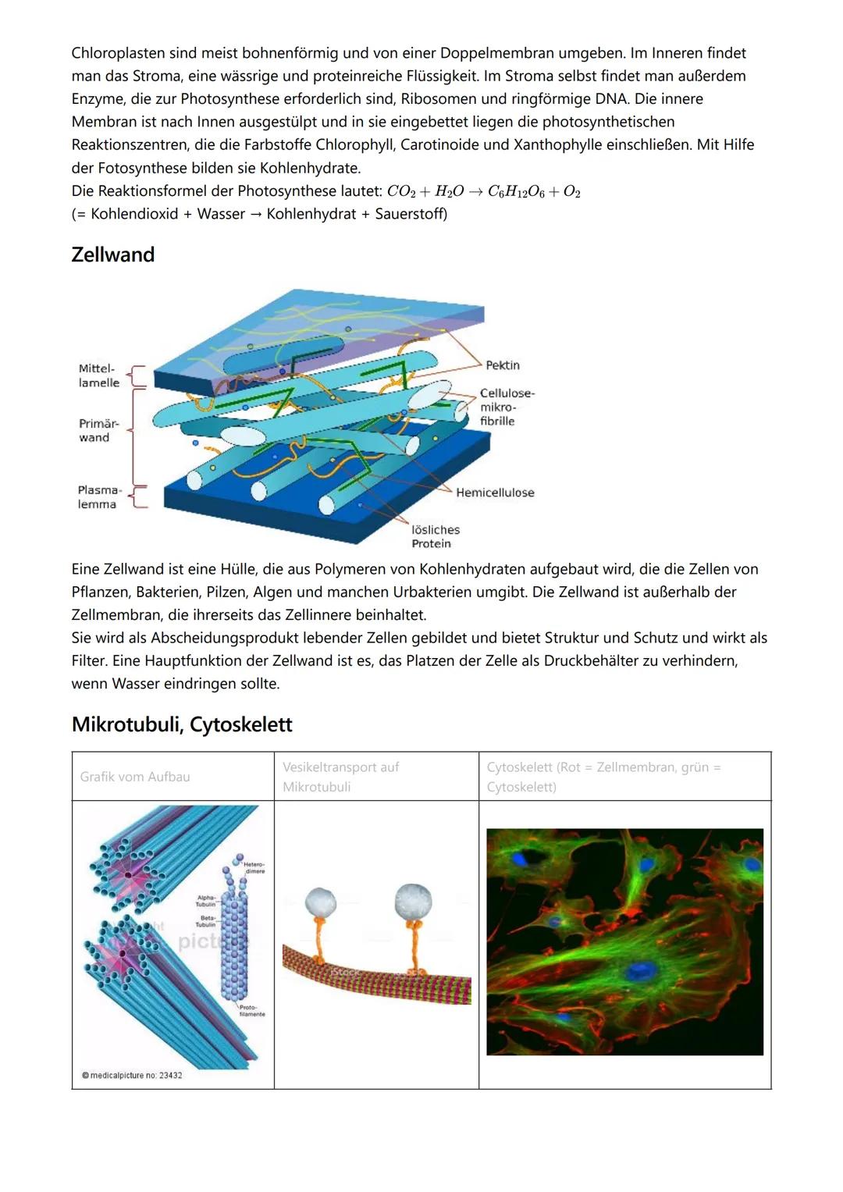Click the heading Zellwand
pyautogui.click(x=113, y=254)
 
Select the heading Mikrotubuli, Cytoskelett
pyautogui.click(x=182, y=724)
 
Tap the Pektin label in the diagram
pyautogui.click(x=502, y=365)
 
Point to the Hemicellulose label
pyautogui.click(x=495, y=493)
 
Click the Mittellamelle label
pyautogui.click(x=99, y=375)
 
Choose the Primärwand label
pyautogui.click(x=98, y=430)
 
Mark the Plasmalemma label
pyautogui.click(x=99, y=497)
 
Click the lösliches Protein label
pyautogui.click(x=436, y=536)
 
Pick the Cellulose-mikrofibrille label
pyautogui.click(x=507, y=407)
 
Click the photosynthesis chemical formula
pyautogui.click(x=484, y=192)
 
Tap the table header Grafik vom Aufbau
pyautogui.click(x=135, y=777)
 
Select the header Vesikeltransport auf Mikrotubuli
pyautogui.click(x=340, y=777)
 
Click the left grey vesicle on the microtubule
pyautogui.click(x=320, y=903)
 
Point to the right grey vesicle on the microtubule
pyautogui.click(x=414, y=901)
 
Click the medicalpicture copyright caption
pyautogui.click(x=132, y=1076)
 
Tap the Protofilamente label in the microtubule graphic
pyautogui.click(x=251, y=1010)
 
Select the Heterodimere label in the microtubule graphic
pyautogui.click(x=254, y=867)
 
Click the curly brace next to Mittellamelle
pyautogui.click(x=137, y=376)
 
